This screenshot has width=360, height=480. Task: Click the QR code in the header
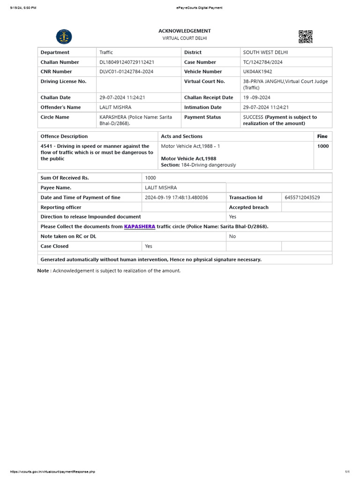pos(305,37)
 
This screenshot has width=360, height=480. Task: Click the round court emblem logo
pos(64,37)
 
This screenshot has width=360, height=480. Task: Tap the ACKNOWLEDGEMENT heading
pos(184,31)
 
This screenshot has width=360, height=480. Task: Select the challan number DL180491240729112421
pos(127,62)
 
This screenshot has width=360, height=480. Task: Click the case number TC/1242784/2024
pos(262,62)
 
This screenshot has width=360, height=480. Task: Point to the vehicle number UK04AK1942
pos(257,72)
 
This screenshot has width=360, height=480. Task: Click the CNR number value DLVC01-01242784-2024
pos(126,72)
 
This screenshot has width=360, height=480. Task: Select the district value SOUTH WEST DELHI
pos(265,52)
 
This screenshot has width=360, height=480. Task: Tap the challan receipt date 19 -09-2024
pos(256,97)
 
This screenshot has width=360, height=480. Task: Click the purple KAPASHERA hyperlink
pos(140,226)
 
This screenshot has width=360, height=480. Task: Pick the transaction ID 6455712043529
pos(302,197)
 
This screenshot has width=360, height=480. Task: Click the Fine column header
pos(322,136)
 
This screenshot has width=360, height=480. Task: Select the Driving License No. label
pos(63,82)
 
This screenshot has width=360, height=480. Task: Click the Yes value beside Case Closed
pos(149,246)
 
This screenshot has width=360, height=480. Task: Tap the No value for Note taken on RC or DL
pos(232,236)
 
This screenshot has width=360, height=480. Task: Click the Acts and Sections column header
pos(182,136)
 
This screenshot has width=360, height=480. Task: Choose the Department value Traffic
pos(106,52)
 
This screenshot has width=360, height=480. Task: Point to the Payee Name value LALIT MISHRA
pos(161,187)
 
